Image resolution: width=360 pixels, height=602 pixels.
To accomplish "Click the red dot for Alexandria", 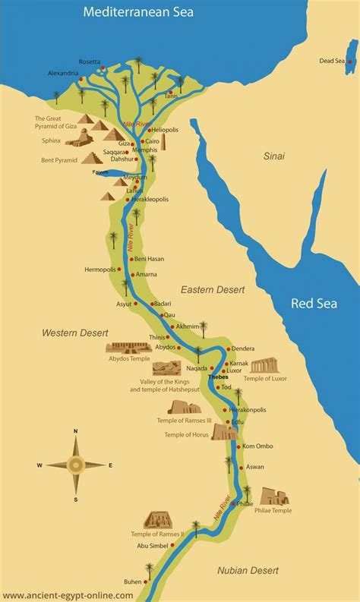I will coord(82,72).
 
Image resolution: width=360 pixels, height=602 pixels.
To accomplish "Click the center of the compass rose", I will coord(76,465).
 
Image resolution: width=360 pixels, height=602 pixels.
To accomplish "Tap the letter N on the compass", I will coord(76,431).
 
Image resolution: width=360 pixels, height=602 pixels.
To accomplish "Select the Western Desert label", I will coord(75,333).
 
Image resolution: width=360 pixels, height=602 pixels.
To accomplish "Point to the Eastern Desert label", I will coord(210,289).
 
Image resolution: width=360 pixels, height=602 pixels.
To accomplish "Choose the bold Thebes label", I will coord(218,376).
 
